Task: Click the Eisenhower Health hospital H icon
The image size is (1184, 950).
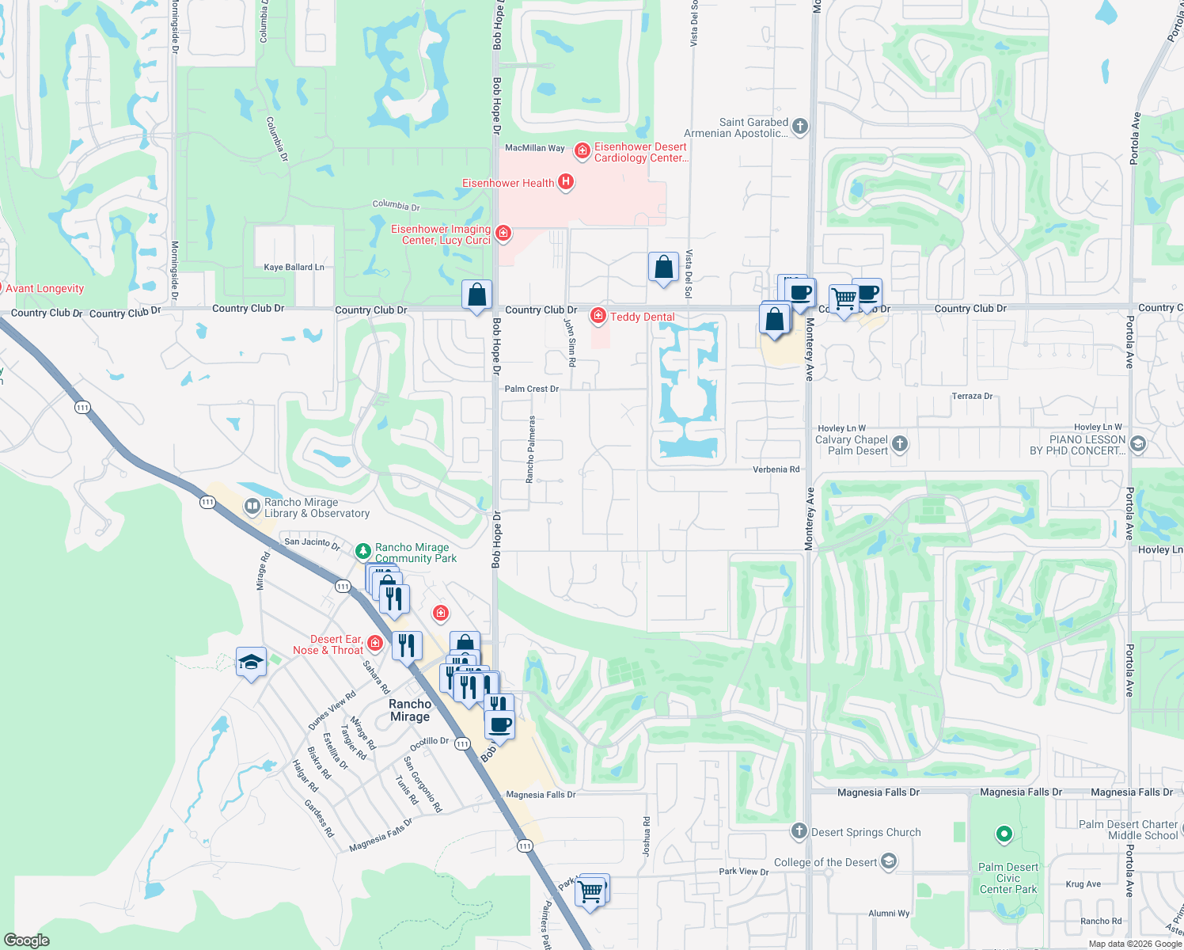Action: click(x=565, y=182)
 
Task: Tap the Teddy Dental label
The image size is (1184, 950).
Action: click(x=642, y=317)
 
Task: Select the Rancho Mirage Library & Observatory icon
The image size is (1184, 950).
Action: click(x=252, y=505)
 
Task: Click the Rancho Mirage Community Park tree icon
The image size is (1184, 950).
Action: click(x=362, y=550)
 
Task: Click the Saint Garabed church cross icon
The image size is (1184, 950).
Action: click(x=800, y=126)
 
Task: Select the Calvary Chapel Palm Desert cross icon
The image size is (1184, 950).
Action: click(x=900, y=443)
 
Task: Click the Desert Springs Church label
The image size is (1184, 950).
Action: click(x=866, y=832)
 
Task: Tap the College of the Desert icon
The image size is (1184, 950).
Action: click(x=889, y=861)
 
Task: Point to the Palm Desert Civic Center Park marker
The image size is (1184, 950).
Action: click(x=1004, y=834)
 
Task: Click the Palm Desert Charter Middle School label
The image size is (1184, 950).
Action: click(x=1128, y=830)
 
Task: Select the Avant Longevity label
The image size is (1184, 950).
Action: click(x=44, y=288)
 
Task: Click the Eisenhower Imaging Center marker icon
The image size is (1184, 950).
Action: click(x=503, y=233)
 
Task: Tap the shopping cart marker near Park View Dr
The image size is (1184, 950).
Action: click(x=591, y=891)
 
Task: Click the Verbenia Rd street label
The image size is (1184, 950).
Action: click(x=776, y=469)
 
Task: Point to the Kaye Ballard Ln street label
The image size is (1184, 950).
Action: click(x=294, y=267)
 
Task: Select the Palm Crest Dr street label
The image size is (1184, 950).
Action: click(x=531, y=389)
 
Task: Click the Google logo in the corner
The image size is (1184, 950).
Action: click(x=26, y=940)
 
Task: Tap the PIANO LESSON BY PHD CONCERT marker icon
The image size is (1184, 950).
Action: click(x=1138, y=443)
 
